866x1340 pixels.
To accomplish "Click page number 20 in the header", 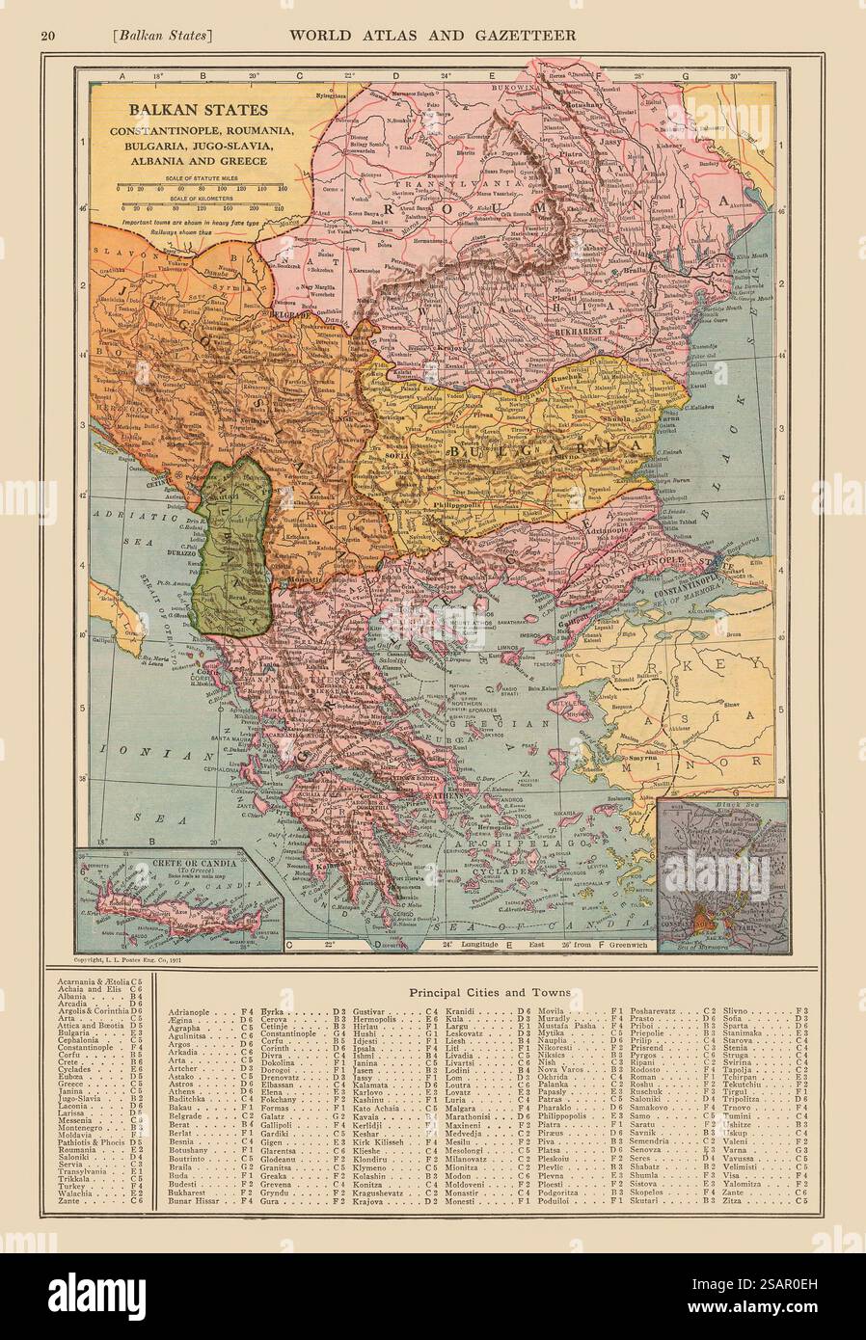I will (x=46, y=36).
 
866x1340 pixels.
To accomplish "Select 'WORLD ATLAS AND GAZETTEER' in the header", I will (x=431, y=35).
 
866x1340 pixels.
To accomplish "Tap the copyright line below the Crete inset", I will (x=134, y=961).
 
